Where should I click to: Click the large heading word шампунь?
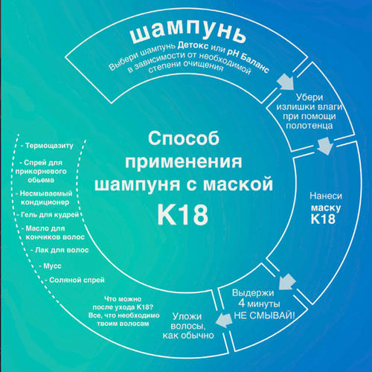pyautogui.click(x=187, y=31)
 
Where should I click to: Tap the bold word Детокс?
pyautogui.click(x=193, y=45)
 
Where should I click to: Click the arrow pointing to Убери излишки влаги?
pyautogui.click(x=286, y=83)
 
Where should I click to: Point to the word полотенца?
pyautogui.click(x=310, y=125)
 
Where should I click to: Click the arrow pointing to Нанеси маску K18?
pyautogui.click(x=325, y=146)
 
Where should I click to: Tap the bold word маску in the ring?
pyautogui.click(x=326, y=208)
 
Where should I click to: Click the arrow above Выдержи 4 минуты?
pyautogui.click(x=287, y=281)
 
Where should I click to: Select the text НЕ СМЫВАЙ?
pyautogui.click(x=264, y=315)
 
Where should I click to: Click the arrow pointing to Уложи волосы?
pyautogui.click(x=224, y=320)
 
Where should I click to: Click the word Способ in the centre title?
pyautogui.click(x=184, y=138)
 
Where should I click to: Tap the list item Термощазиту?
pyautogui.click(x=47, y=146)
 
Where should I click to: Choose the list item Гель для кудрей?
pyautogui.click(x=48, y=214)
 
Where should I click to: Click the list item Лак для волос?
pyautogui.click(x=60, y=250)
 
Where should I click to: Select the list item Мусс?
pyautogui.click(x=51, y=266)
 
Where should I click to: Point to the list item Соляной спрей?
pyautogui.click(x=74, y=280)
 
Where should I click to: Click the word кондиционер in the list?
pyautogui.click(x=45, y=202)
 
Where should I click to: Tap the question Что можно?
pyautogui.click(x=123, y=299)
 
